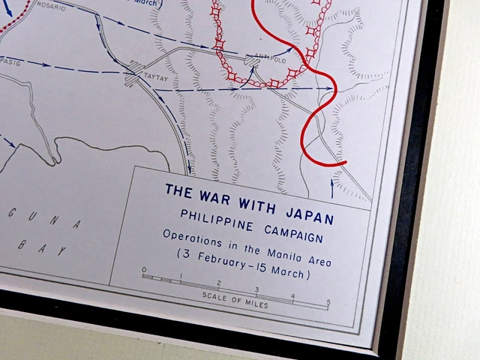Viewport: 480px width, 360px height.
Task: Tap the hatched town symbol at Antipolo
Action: coord(253,59)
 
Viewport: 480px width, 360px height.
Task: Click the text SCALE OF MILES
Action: coord(235,297)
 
